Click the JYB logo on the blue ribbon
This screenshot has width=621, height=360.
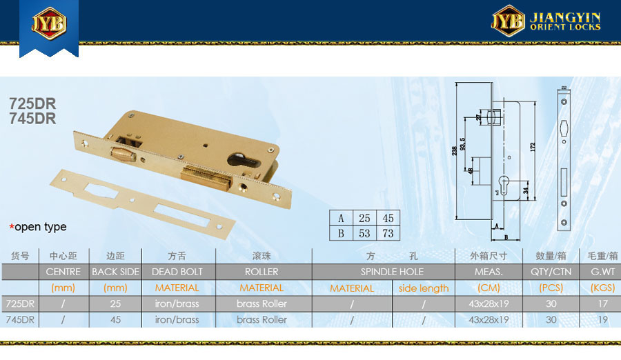coord(49,23)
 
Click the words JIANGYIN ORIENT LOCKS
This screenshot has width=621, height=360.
coord(565,21)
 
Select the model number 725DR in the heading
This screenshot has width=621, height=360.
coord(32,103)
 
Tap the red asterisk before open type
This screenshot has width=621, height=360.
coord(12,227)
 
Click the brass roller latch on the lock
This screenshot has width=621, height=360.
coord(124,154)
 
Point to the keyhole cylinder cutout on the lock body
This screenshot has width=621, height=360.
coord(244,160)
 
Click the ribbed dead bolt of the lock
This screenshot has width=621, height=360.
coord(206,179)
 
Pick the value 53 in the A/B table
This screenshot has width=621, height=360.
coord(364,233)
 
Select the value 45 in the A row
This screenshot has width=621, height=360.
coord(388,218)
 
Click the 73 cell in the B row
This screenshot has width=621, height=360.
coord(388,233)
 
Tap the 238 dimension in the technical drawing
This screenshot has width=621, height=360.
coord(454,150)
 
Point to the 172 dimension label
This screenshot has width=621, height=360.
coord(532,147)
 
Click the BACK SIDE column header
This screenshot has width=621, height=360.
coord(115,272)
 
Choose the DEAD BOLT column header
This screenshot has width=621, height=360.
coord(177,272)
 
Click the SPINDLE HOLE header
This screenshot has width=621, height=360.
coord(392,272)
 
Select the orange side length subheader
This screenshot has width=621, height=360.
coord(424,288)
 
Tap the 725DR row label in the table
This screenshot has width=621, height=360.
coord(20,303)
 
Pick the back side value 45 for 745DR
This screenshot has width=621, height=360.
coord(115,319)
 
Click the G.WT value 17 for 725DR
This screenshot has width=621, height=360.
coord(603,303)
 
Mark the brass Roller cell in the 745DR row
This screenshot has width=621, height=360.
coord(262,319)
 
